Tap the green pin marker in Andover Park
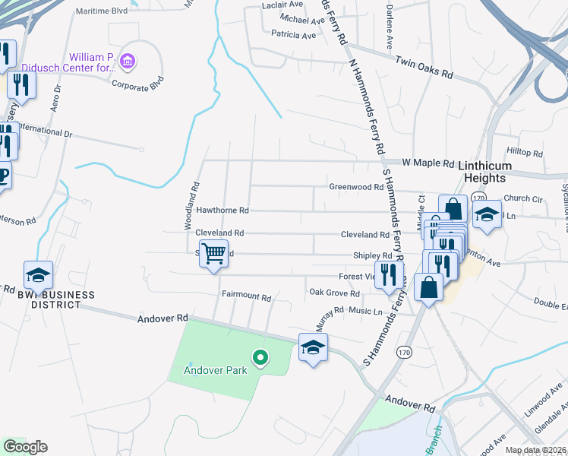(x=260, y=356)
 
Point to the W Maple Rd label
(x=428, y=163)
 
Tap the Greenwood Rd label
(x=355, y=187)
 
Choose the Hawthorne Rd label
(x=222, y=210)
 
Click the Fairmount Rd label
(x=246, y=295)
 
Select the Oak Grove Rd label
(x=333, y=293)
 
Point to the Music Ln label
(x=365, y=311)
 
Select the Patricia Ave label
(x=293, y=35)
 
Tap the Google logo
(x=24, y=447)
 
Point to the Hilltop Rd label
(x=524, y=153)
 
